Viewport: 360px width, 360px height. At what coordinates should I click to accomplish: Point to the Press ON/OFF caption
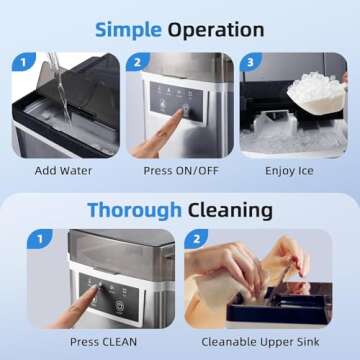[180, 170]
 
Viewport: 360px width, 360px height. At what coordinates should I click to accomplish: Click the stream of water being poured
[57, 85]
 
